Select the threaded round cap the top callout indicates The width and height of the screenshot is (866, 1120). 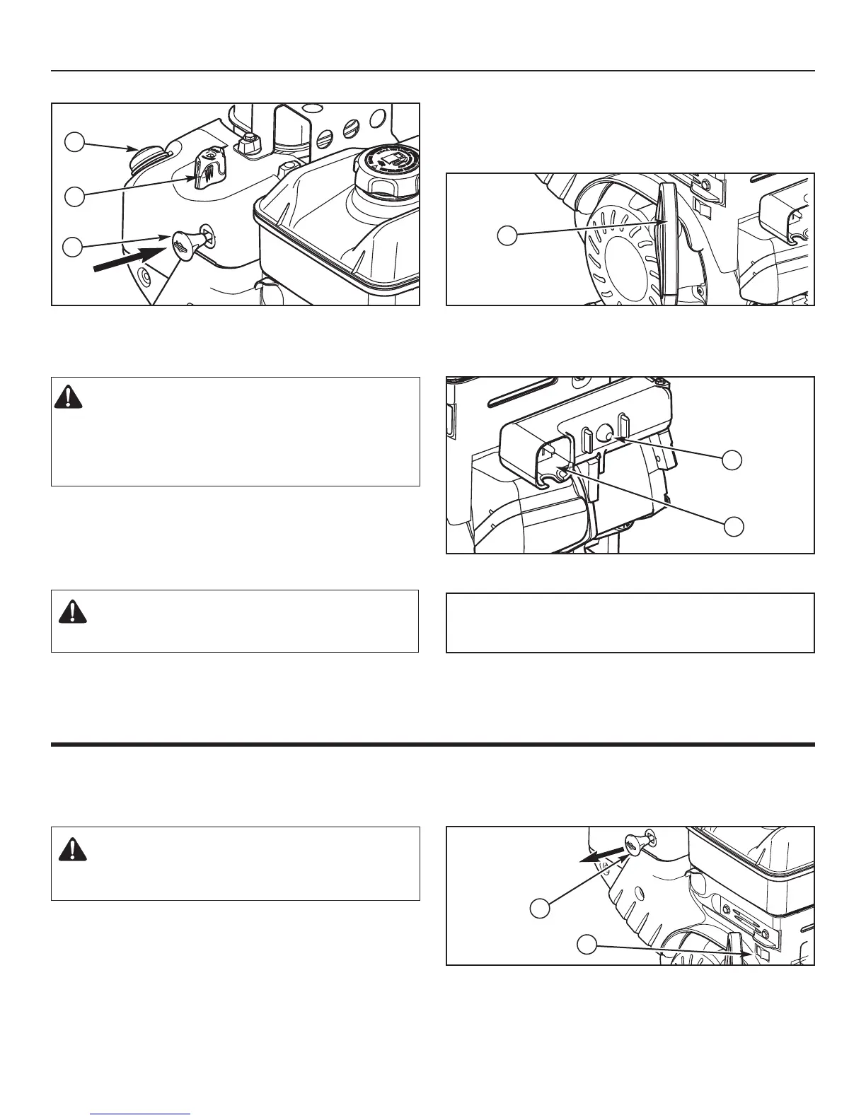click(146, 154)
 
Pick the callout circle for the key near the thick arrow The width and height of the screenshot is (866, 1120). click(74, 247)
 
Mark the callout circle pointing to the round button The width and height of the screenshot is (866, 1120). click(733, 460)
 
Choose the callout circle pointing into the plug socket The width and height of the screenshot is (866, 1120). click(733, 525)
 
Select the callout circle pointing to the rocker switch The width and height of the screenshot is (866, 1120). click(587, 943)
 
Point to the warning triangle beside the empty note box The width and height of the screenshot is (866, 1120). click(71, 610)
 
